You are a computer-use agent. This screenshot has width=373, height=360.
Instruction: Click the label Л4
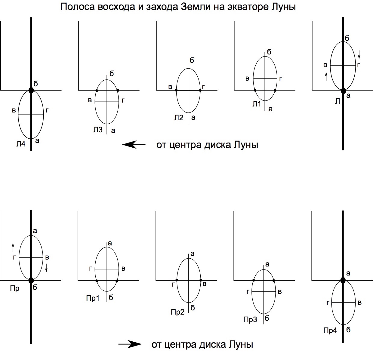21,144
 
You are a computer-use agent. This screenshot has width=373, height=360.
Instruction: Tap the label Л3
98,130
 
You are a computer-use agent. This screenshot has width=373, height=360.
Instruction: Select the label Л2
178,118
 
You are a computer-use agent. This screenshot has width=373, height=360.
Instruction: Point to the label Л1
257,104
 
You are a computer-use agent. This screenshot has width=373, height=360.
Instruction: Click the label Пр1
93,298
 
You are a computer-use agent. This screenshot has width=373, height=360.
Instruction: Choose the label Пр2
177,312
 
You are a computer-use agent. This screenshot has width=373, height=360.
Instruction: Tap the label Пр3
250,320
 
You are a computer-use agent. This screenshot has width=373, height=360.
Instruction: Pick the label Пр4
330,331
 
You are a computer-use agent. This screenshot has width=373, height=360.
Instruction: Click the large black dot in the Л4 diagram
31,90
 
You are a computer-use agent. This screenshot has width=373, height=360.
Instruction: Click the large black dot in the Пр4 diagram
343,280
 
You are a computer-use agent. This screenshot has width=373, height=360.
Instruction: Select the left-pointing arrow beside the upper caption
134,144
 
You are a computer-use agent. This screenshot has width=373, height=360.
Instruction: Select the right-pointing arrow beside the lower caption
130,344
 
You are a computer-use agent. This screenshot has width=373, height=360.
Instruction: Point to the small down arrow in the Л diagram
359,54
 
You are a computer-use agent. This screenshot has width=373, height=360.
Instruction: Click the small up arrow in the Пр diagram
13,247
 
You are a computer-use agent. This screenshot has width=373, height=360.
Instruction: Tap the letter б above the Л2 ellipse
192,60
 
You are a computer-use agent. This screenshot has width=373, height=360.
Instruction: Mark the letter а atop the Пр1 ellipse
110,243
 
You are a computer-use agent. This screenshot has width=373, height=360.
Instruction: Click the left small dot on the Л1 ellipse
255,90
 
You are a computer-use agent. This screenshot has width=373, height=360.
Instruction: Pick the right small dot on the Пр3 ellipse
273,280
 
